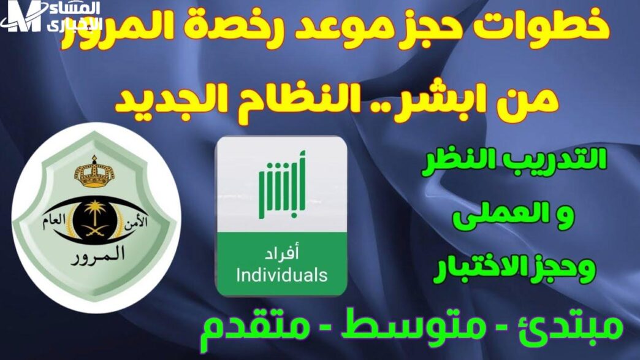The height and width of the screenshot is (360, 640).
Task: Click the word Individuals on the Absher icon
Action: (x=281, y=275)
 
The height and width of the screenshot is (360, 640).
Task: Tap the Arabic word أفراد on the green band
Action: (x=281, y=253)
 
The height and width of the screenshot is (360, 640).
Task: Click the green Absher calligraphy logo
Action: (x=282, y=185)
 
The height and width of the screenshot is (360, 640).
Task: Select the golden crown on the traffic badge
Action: (x=94, y=173)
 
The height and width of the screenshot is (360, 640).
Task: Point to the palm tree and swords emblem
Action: (x=94, y=219)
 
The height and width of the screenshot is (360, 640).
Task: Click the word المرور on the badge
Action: (x=97, y=255)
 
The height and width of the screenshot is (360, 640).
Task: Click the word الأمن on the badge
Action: (x=135, y=223)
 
